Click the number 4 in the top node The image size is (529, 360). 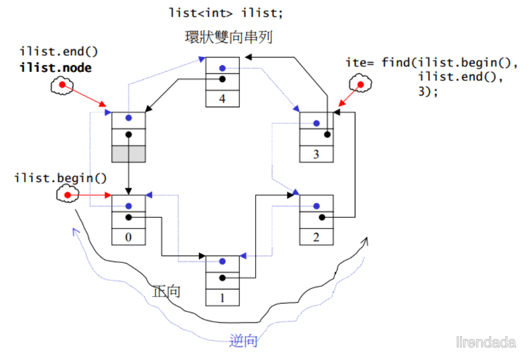coord(222,99)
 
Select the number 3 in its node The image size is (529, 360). coord(316,154)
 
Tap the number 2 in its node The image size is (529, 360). coord(316,237)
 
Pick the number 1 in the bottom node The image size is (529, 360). coord(222,298)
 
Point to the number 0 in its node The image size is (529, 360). coord(128,237)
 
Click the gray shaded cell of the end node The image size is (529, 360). coord(128,154)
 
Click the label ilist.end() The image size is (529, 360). coord(59,52)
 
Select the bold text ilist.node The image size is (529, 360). coord(56,68)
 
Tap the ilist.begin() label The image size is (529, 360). coord(60,178)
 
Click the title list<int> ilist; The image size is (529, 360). coord(226,13)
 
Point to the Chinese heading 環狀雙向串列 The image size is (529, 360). coord(229,37)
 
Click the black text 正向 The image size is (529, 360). coord(166,292)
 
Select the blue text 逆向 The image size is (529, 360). coord(243,341)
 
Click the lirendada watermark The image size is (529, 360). coord(486,342)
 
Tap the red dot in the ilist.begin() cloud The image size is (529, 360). coord(67,195)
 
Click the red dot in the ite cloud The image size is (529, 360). coord(360,85)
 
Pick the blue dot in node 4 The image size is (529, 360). coord(222,68)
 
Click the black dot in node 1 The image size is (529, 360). coord(222,278)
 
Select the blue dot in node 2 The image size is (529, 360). coord(316,206)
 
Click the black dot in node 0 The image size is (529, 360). coord(128,217)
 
